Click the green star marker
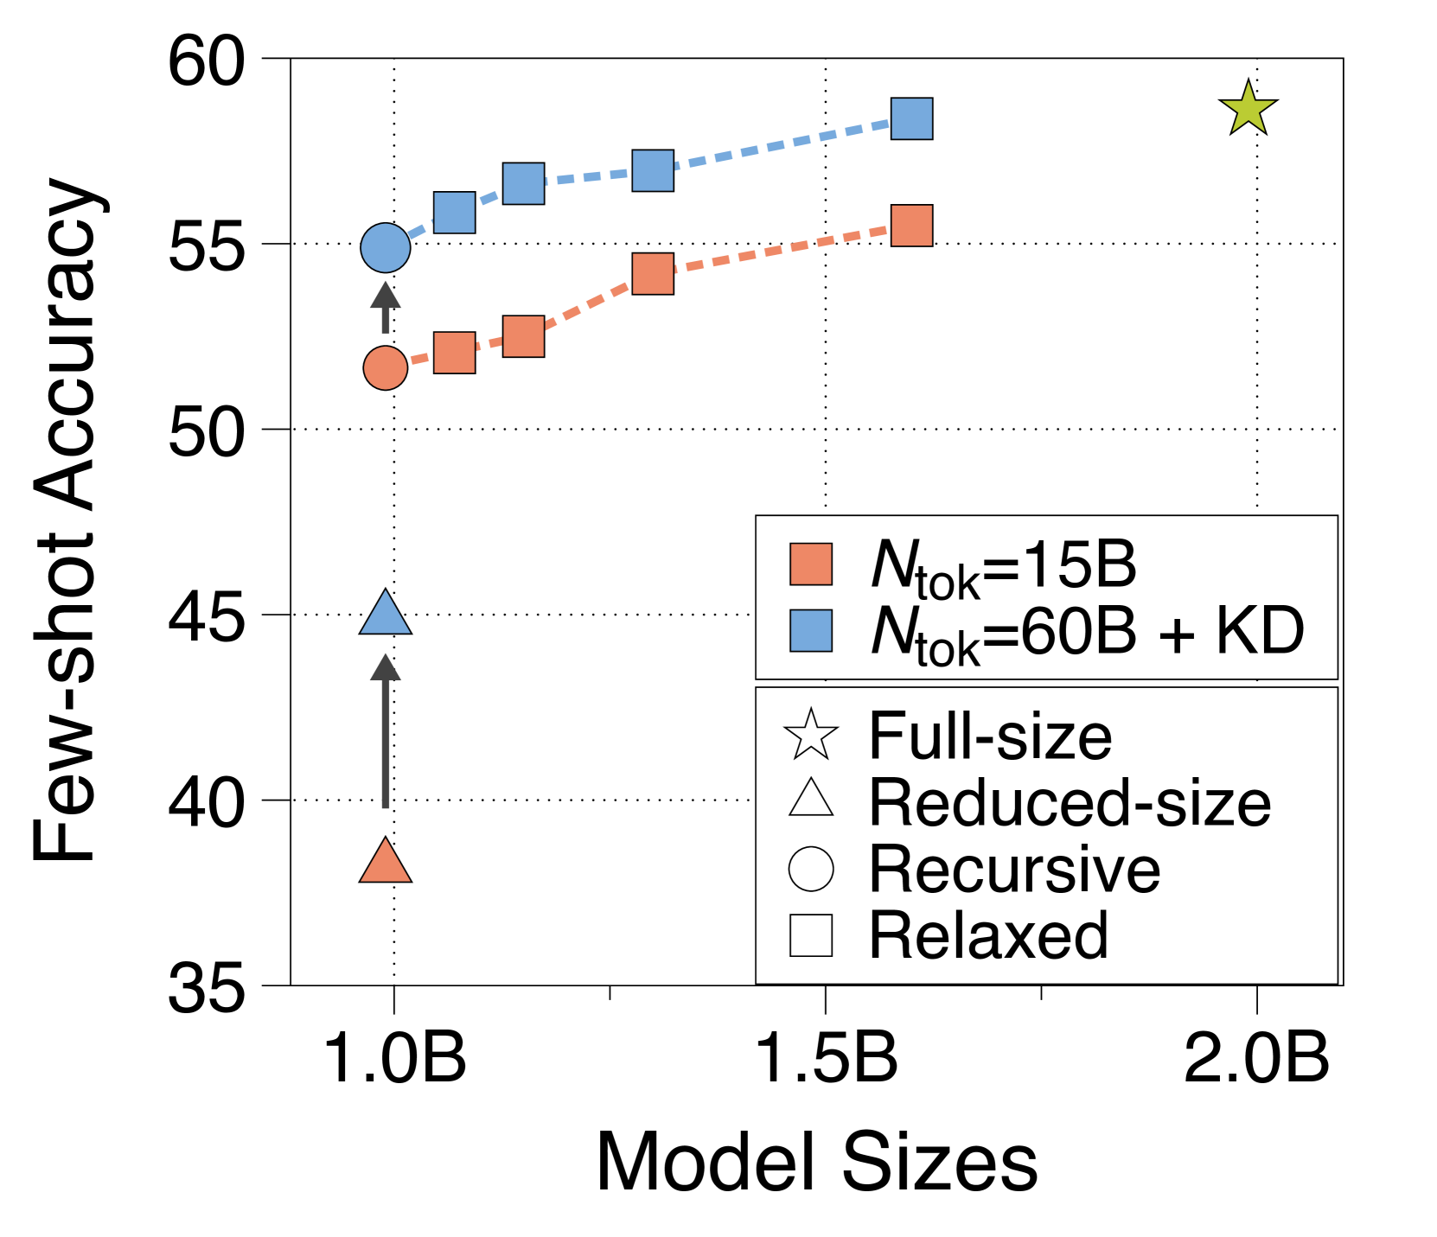(x=1248, y=110)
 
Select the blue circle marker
(x=385, y=248)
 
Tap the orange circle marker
(x=385, y=368)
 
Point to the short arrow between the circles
(x=385, y=308)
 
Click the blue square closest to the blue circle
(x=454, y=213)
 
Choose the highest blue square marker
(x=911, y=119)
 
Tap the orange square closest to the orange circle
(x=454, y=353)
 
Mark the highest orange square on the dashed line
(x=911, y=226)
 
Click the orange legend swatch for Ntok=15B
(x=811, y=564)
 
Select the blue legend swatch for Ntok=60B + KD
(x=811, y=631)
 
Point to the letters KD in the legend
(x=1260, y=631)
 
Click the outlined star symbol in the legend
(x=811, y=736)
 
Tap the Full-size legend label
(x=990, y=736)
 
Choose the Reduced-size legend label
(x=1070, y=803)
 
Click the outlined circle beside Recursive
(x=811, y=869)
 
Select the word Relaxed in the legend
(x=988, y=935)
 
